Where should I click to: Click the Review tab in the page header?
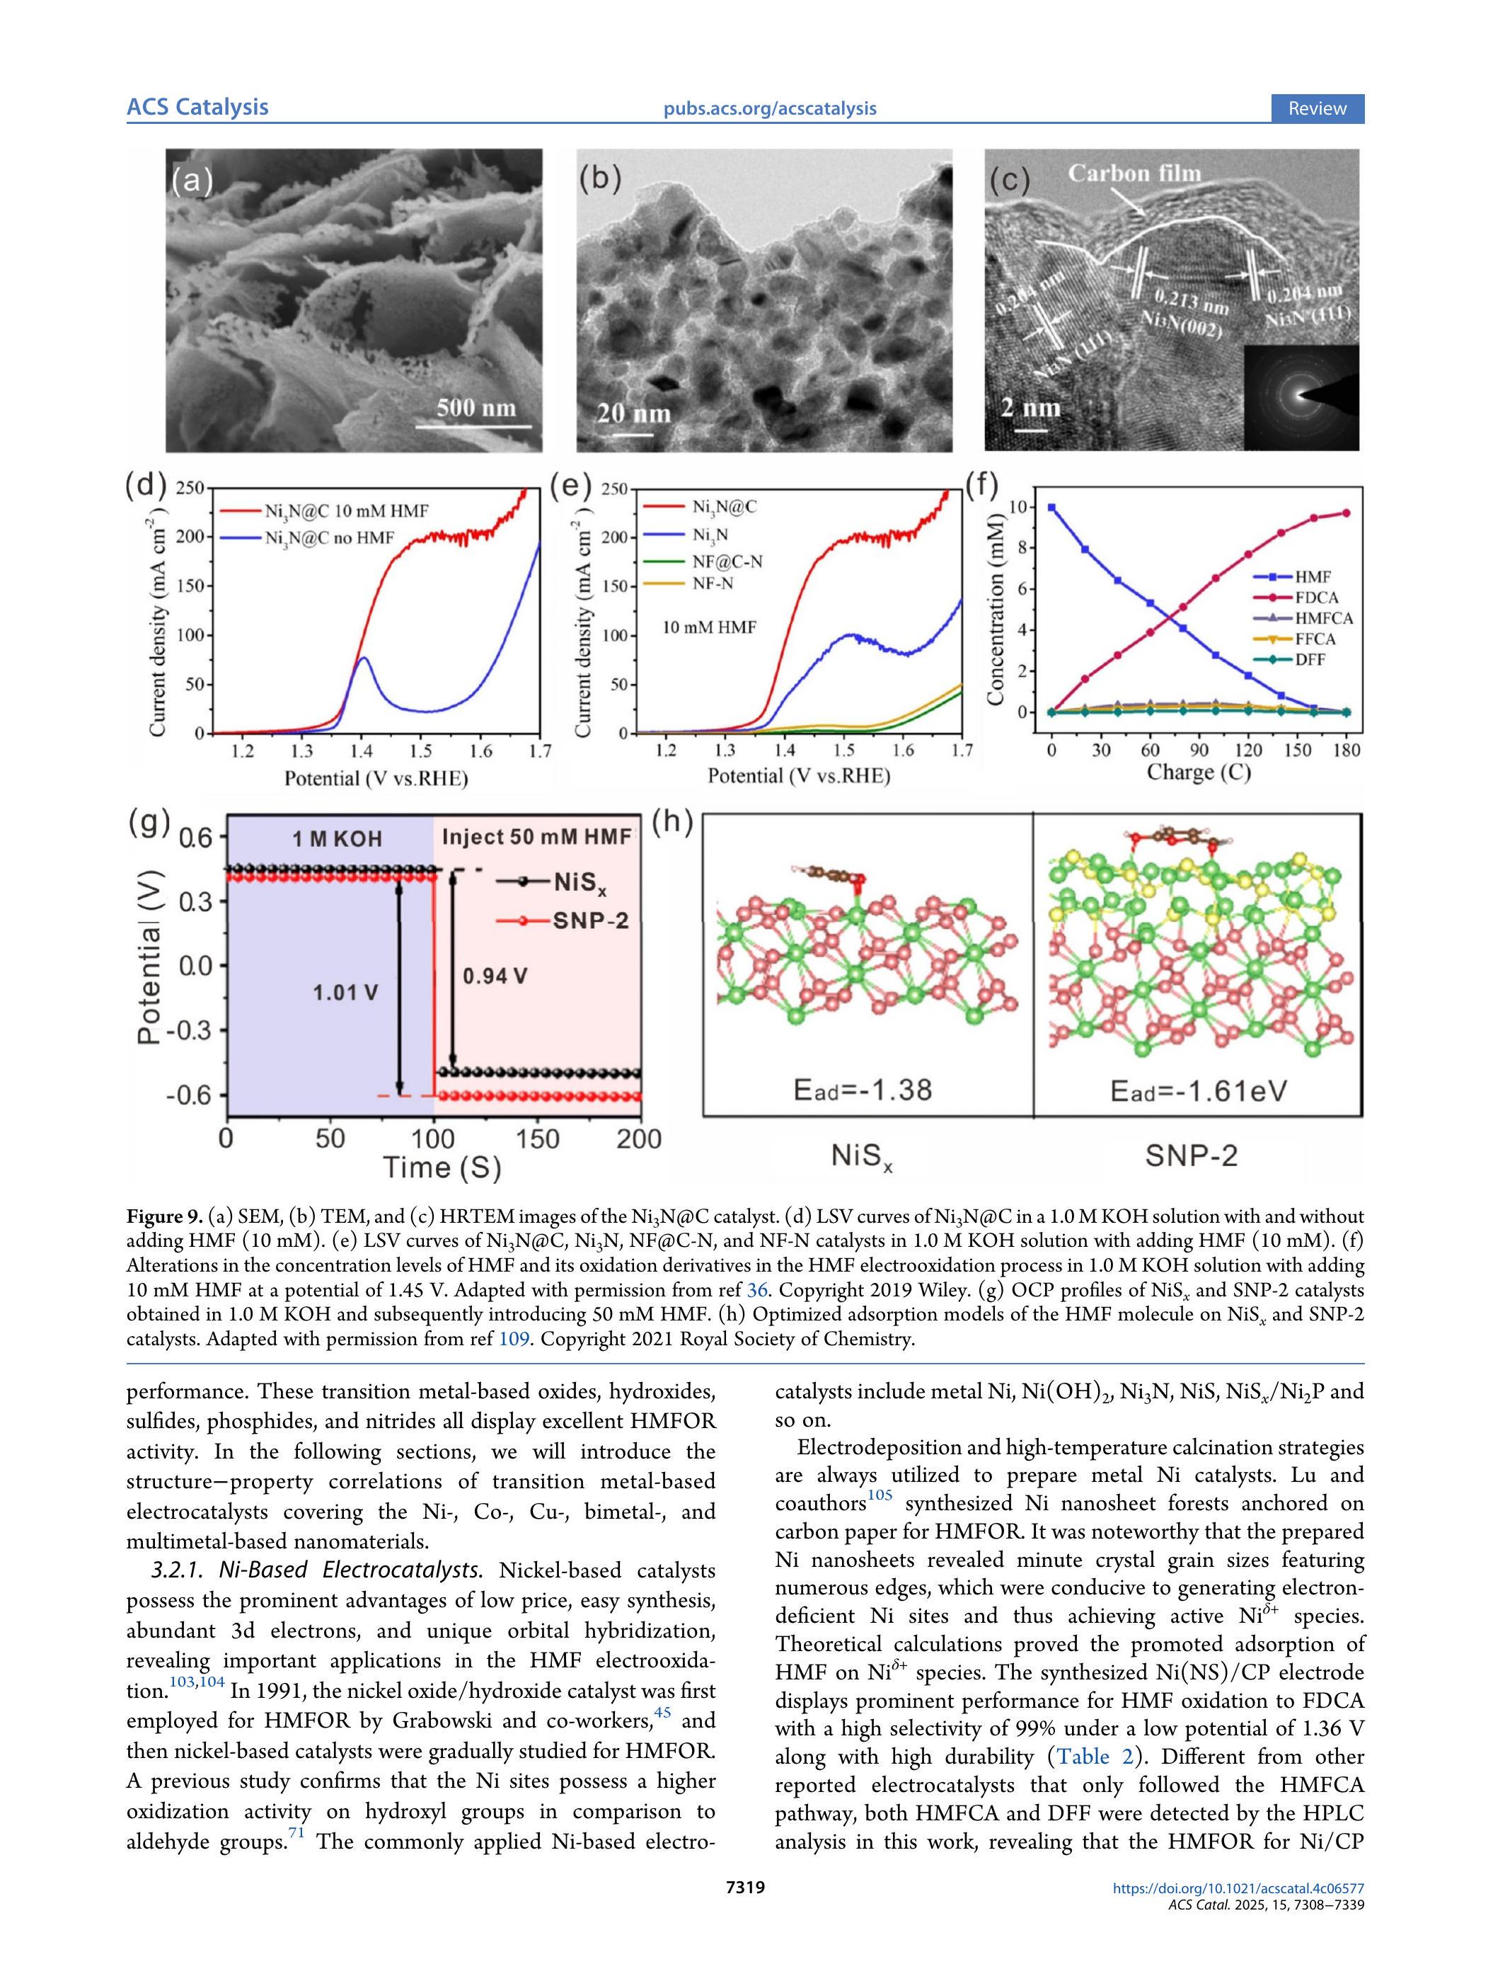click(1316, 108)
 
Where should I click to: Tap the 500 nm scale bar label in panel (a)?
click(476, 408)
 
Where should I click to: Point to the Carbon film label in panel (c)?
click(1134, 173)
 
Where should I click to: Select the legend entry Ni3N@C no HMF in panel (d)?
click(328, 537)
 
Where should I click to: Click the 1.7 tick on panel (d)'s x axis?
click(539, 751)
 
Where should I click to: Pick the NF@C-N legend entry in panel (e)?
click(727, 561)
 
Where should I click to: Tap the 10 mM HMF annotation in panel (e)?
click(709, 627)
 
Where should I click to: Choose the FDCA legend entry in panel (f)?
click(1316, 598)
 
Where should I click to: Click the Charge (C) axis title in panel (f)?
click(1198, 772)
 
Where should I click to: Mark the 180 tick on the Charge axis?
click(1347, 750)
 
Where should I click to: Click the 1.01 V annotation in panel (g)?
click(345, 992)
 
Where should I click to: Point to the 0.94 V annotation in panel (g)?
click(495, 976)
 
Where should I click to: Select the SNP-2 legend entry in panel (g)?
click(590, 920)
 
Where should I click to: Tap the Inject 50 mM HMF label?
click(536, 837)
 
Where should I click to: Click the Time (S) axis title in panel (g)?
click(442, 1167)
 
